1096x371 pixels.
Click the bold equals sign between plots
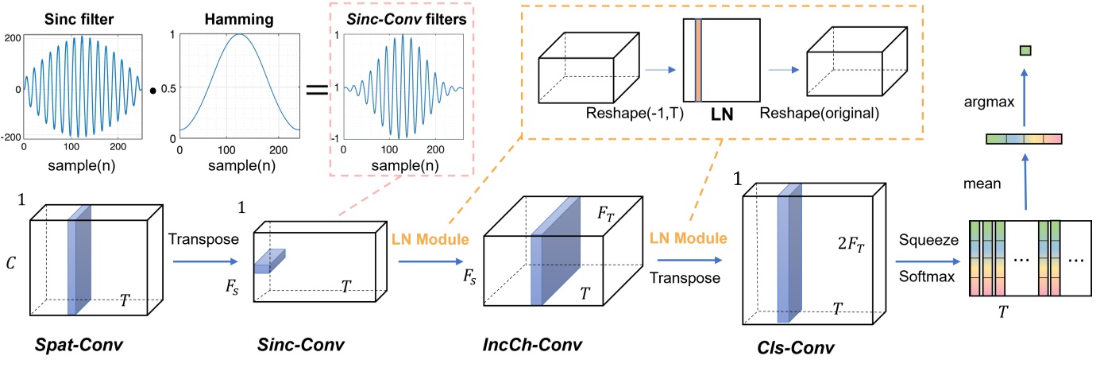pos(316,89)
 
